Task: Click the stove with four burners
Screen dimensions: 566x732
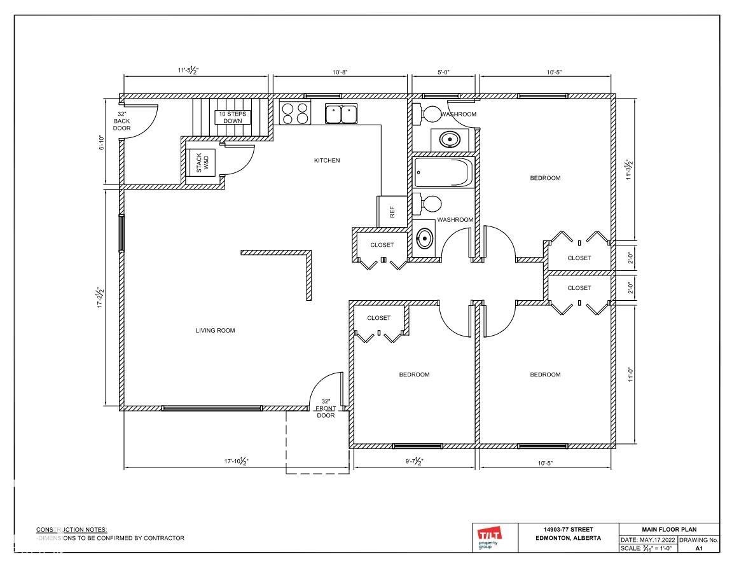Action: point(295,113)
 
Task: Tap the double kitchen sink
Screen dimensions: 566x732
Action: point(342,113)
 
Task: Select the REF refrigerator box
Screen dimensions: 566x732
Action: point(392,212)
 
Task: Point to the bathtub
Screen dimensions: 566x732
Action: point(443,173)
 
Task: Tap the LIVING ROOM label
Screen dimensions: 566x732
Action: point(215,331)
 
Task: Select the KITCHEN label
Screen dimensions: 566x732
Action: point(327,161)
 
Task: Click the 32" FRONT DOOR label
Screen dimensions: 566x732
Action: point(326,408)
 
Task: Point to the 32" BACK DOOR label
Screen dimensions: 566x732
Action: point(121,121)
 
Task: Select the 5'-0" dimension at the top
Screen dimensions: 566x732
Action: point(443,72)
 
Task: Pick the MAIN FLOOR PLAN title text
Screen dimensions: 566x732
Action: point(669,529)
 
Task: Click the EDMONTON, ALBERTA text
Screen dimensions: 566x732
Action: point(569,538)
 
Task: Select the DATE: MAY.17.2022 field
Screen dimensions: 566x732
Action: point(648,540)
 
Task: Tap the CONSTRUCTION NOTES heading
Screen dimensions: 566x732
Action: point(71,529)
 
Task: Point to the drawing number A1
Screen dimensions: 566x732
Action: point(698,548)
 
